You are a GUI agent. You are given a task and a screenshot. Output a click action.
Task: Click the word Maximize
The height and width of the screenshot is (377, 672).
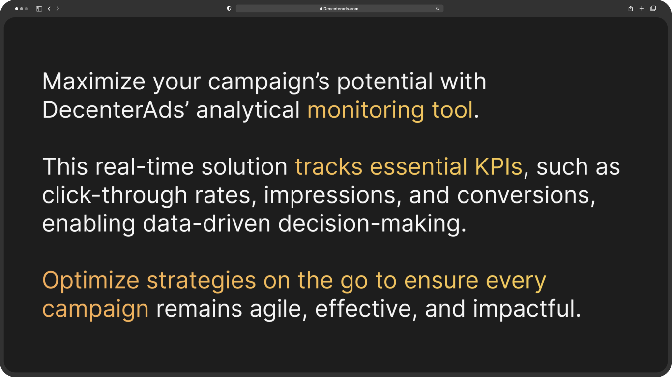(93, 81)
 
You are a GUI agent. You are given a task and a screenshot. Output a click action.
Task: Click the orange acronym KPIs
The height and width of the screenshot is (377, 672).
(498, 166)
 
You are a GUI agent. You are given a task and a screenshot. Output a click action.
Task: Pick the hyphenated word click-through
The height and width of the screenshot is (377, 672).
(115, 195)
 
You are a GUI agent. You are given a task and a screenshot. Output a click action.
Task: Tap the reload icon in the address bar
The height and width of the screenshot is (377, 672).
(438, 9)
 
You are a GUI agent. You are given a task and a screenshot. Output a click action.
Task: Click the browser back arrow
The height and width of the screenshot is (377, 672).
(49, 9)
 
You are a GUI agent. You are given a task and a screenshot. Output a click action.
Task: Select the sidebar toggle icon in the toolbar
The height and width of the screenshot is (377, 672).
(39, 9)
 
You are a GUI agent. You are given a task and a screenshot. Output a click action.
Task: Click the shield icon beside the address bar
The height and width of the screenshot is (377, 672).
(229, 9)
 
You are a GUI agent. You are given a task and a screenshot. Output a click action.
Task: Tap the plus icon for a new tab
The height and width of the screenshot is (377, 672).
(642, 8)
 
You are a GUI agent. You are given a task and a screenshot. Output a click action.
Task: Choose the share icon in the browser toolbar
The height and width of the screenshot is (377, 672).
(631, 8)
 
